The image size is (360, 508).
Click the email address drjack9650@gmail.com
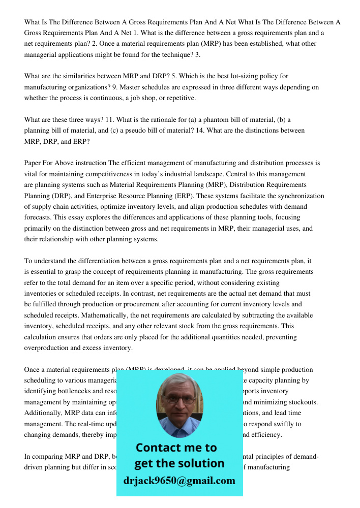click(x=179, y=481)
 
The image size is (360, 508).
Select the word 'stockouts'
click(x=303, y=402)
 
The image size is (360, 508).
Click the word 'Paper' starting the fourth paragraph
click(x=33, y=163)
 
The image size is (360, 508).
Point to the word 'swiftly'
click(x=290, y=424)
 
